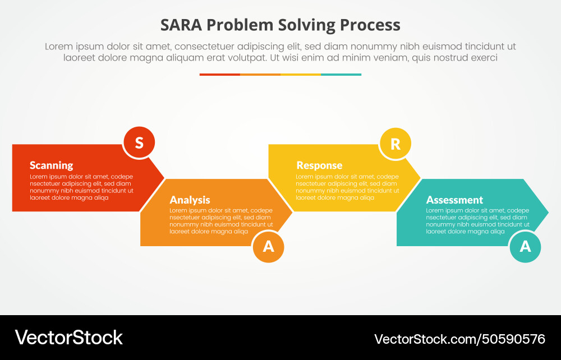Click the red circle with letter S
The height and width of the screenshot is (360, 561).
[x=139, y=143]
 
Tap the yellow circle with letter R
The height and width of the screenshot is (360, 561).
[x=395, y=144]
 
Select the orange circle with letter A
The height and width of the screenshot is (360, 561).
[x=268, y=246]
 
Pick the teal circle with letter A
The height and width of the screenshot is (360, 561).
[x=525, y=246]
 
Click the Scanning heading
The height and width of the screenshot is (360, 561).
[x=51, y=165]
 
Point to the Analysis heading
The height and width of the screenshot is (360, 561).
[x=190, y=200]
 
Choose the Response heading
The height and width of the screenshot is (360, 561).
[x=319, y=165]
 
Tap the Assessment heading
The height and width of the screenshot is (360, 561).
[x=454, y=200]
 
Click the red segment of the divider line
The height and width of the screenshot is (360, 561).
[x=220, y=75]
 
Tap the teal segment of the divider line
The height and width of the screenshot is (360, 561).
[x=341, y=75]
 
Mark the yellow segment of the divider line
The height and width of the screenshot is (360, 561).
[x=301, y=75]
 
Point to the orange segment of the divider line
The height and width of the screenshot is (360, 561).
[x=260, y=75]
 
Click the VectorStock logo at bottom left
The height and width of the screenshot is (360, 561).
[x=68, y=338]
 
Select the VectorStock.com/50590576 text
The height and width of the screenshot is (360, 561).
[x=459, y=339]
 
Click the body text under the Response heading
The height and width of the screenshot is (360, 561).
[x=347, y=187]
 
